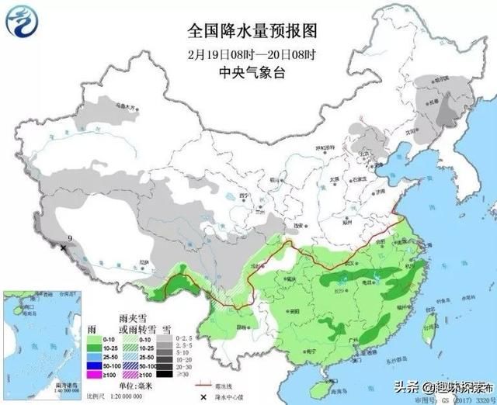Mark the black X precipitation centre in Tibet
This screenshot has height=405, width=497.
[x=64, y=247]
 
